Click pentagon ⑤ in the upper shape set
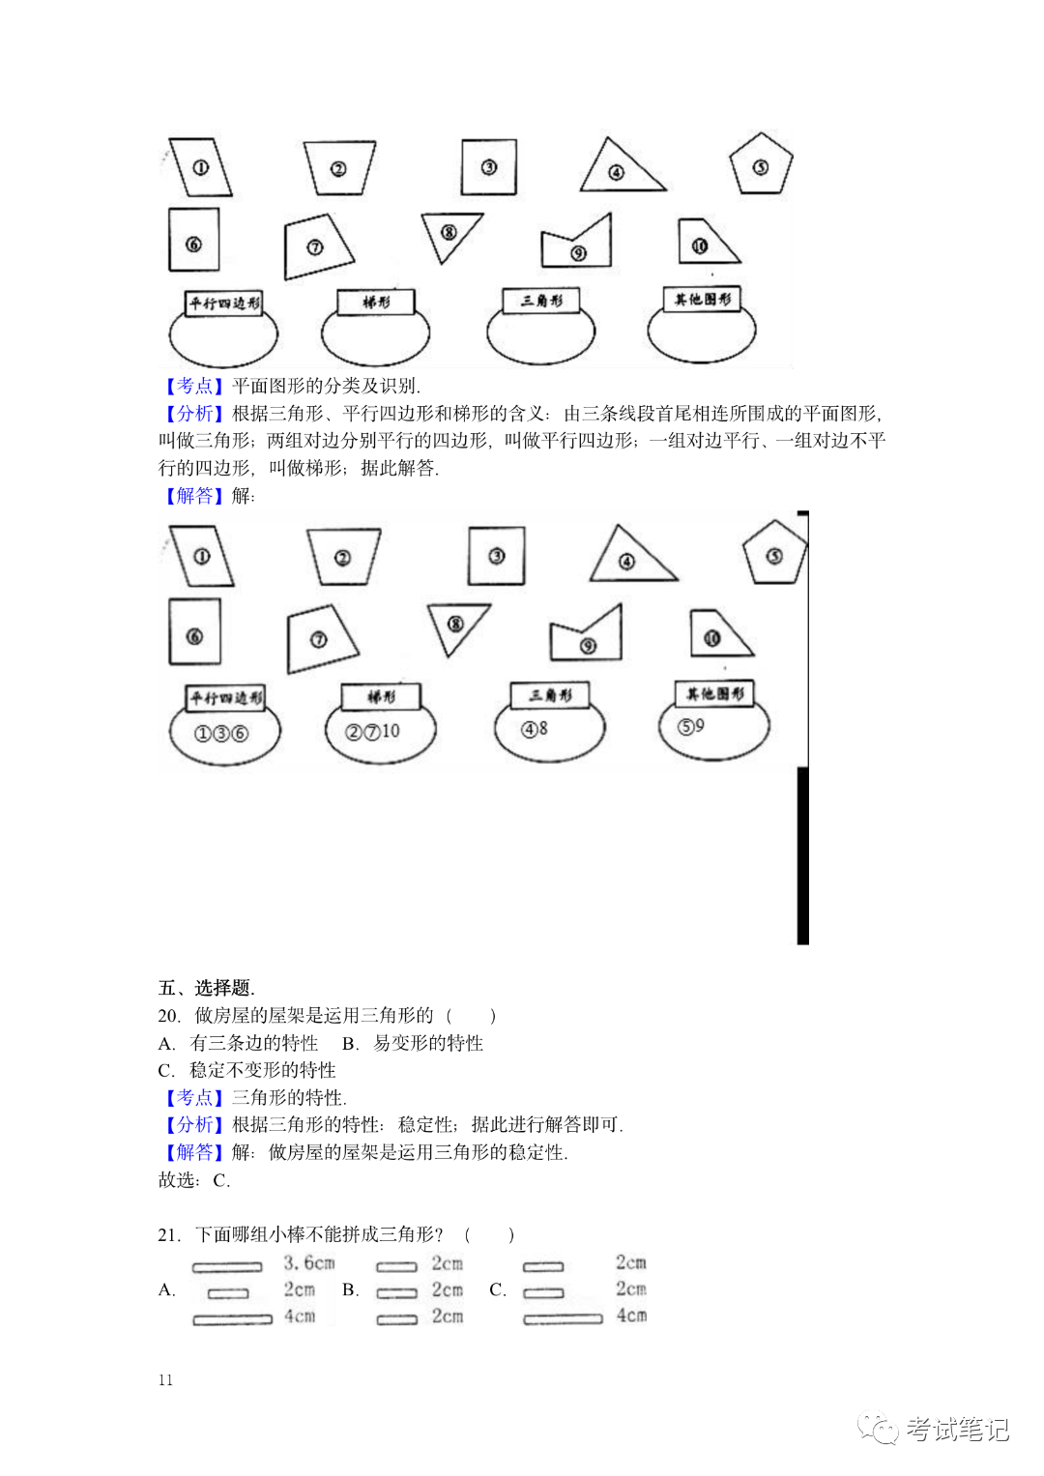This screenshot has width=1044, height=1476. click(x=761, y=165)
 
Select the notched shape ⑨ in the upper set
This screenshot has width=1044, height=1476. click(x=578, y=246)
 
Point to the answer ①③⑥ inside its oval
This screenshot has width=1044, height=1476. click(x=221, y=734)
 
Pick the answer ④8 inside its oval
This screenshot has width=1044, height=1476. click(x=536, y=729)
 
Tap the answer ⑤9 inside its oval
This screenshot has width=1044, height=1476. click(x=691, y=726)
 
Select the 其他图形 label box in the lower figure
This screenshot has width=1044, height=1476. click(x=715, y=693)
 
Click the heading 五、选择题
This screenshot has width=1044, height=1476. click(x=206, y=988)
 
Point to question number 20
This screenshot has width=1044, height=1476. click(x=168, y=1016)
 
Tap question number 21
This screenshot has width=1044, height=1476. click(x=168, y=1234)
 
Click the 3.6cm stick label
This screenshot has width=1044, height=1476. click(x=309, y=1263)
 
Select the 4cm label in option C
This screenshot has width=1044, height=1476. click(x=631, y=1316)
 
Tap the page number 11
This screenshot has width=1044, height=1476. click(x=165, y=1380)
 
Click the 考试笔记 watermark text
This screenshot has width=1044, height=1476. click(x=957, y=1430)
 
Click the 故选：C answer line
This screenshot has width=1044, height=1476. click(x=194, y=1180)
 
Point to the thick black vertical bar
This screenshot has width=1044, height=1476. click(x=802, y=855)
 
